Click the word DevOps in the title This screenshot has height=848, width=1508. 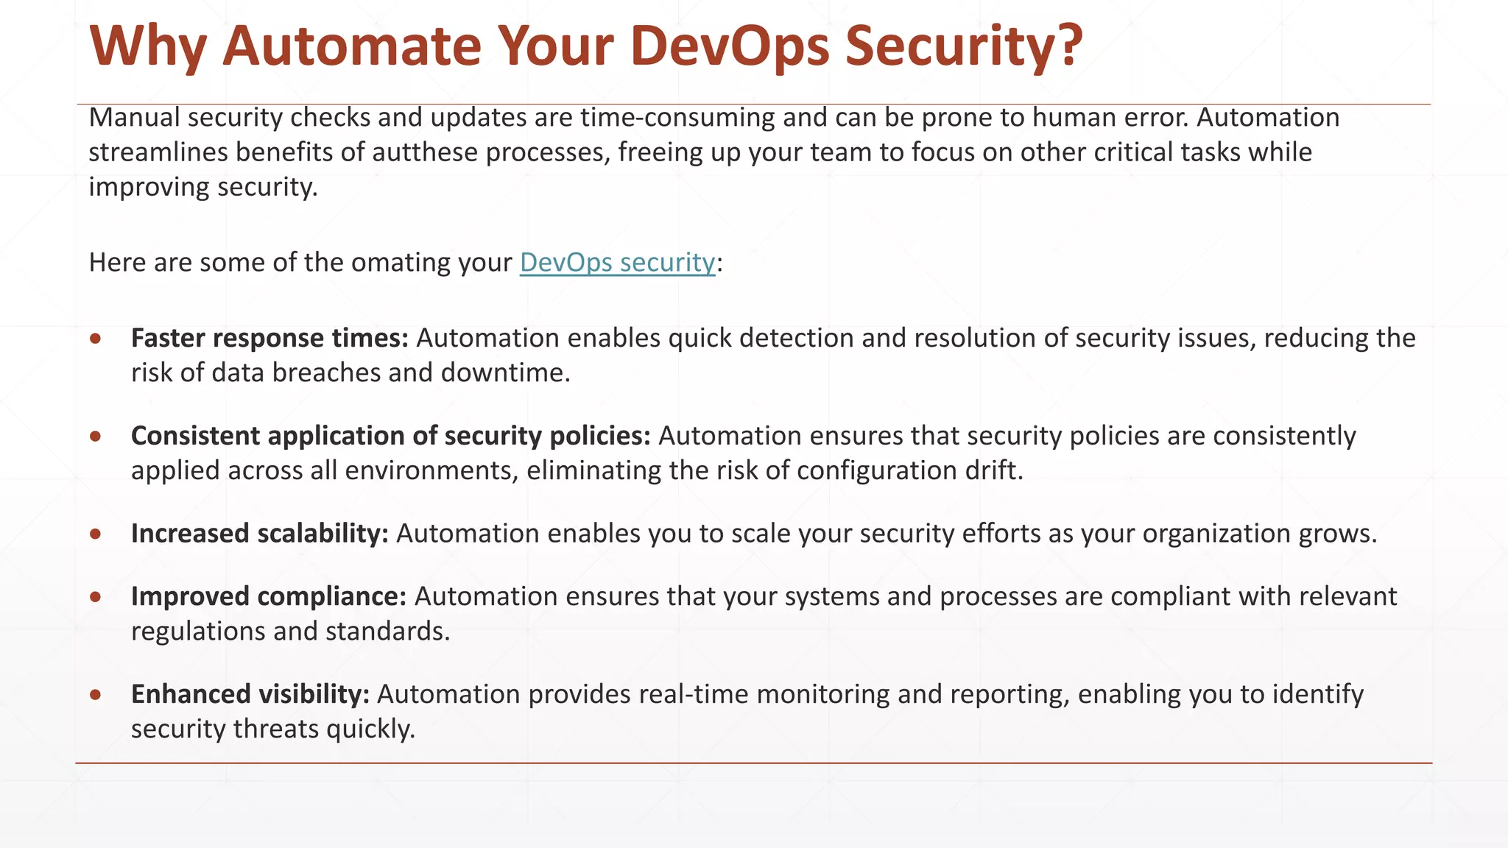coord(729,46)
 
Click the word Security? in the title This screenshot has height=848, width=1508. coord(964,46)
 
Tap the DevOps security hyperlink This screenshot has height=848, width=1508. coord(617,262)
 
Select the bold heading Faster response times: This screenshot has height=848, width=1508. coord(269,338)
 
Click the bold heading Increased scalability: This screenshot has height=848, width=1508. coord(259,533)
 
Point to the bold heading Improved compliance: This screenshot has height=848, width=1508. coord(269,596)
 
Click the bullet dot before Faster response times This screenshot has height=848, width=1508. coord(96,339)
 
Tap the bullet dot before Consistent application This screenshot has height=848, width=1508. coord(96,437)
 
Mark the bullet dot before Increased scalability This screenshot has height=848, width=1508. coord(96,534)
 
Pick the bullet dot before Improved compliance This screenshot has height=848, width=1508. coord(96,597)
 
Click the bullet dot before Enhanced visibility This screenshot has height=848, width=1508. coord(96,695)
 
